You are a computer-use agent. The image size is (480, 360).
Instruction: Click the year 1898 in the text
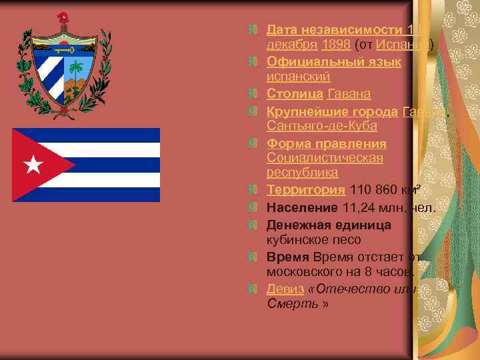point(333,45)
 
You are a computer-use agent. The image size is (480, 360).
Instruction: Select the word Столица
point(295,93)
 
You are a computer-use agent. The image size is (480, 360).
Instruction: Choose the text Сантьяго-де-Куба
point(321,126)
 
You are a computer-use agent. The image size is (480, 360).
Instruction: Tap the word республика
point(302,173)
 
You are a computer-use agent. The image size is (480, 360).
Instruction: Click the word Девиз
point(285,289)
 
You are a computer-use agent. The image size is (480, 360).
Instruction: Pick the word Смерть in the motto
point(291,304)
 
